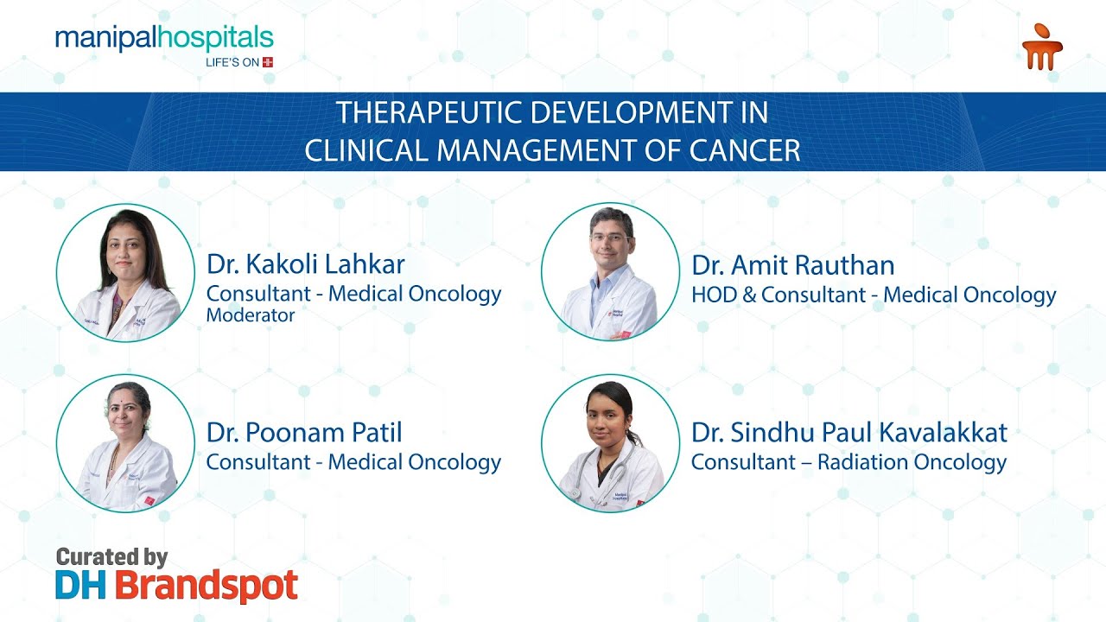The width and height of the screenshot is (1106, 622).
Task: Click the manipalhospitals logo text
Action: [x=164, y=39]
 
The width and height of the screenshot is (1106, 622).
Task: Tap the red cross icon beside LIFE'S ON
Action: [x=268, y=62]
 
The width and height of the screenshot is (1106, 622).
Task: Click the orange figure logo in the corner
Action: [x=1042, y=47]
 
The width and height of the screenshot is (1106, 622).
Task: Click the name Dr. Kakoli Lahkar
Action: [x=306, y=264]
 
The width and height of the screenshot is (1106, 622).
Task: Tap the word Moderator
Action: [x=251, y=315]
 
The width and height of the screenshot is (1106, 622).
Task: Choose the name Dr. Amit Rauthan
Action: [x=793, y=265]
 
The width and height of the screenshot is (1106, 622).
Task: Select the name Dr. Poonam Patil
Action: [x=304, y=433]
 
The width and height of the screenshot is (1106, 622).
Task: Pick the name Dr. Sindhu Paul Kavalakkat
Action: [x=849, y=433]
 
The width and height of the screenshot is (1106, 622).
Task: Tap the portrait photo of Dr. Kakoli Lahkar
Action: [x=125, y=272]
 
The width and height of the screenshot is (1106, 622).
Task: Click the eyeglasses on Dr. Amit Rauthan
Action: [x=611, y=238]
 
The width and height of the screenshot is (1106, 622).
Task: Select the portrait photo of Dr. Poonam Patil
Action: [x=125, y=443]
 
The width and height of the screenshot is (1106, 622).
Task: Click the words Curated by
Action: [x=112, y=557]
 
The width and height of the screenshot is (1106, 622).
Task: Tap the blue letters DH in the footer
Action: [x=80, y=586]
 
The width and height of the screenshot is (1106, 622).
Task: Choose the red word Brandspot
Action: [x=207, y=587]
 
